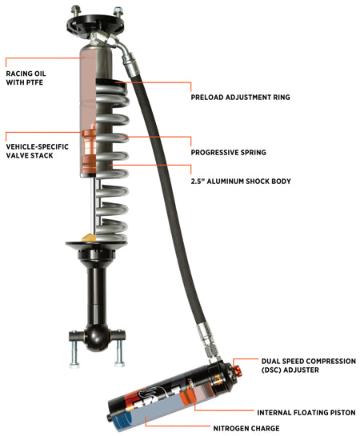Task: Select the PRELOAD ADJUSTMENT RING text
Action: point(240,98)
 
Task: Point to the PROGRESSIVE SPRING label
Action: point(227,151)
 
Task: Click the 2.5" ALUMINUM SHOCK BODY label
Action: point(241,181)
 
